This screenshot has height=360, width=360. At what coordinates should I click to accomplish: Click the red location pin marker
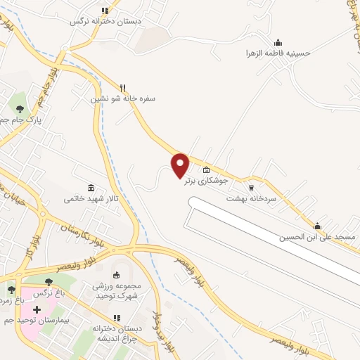pyautogui.click(x=181, y=165)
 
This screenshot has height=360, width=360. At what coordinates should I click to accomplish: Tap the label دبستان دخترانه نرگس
pyautogui.click(x=105, y=21)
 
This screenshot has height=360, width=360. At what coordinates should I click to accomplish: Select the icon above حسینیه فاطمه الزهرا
pyautogui.click(x=278, y=42)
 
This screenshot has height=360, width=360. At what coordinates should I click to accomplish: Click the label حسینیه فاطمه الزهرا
pyautogui.click(x=278, y=53)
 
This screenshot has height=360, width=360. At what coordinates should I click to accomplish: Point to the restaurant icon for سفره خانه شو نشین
pyautogui.click(x=123, y=88)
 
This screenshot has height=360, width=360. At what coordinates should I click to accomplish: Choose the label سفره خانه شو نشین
pyautogui.click(x=123, y=99)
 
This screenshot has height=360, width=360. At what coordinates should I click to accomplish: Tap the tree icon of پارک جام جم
pyautogui.click(x=20, y=109)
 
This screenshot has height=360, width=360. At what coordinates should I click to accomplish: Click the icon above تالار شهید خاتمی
pyautogui.click(x=92, y=188)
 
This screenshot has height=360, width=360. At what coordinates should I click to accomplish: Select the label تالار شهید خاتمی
pyautogui.click(x=92, y=199)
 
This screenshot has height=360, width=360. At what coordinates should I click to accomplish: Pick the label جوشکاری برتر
pyautogui.click(x=205, y=181)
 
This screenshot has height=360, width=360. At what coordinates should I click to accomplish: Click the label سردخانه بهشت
pyautogui.click(x=251, y=199)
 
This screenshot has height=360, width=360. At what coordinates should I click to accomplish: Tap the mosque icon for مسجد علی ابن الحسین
pyautogui.click(x=317, y=226)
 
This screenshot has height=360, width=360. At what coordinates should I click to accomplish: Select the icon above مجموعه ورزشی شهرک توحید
pyautogui.click(x=117, y=275)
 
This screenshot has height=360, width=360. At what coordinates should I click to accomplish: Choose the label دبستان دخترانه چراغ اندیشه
pyautogui.click(x=117, y=332)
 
